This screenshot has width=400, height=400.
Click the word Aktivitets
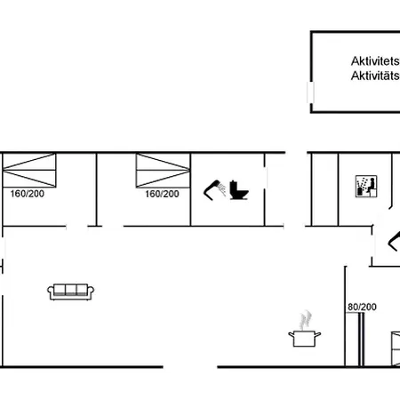coord(375,61)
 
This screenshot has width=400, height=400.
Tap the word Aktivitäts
coord(375,76)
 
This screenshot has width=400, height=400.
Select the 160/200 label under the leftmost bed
coord(28,194)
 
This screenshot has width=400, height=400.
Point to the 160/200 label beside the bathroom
coord(162,194)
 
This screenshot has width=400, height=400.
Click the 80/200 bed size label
coord(362,307)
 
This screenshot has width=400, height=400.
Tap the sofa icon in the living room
coord(71,292)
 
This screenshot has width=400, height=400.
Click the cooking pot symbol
coord(304,339)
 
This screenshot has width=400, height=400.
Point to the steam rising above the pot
coord(305,320)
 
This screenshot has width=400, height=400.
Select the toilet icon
coord(239,190)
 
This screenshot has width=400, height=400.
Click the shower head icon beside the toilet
coord(214,190)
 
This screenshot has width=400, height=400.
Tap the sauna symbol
coord(366,187)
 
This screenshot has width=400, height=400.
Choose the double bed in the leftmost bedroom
coord(29,170)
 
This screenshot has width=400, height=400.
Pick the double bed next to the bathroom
coord(163,171)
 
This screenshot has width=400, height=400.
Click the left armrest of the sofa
coord(50,292)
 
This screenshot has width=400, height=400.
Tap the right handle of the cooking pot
coord(317,335)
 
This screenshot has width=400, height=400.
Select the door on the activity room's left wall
coord(310,92)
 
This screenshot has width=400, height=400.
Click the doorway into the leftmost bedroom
coord(76,227)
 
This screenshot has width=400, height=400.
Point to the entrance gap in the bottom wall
coord(190,367)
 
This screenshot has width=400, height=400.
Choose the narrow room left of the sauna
coord(325,189)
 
